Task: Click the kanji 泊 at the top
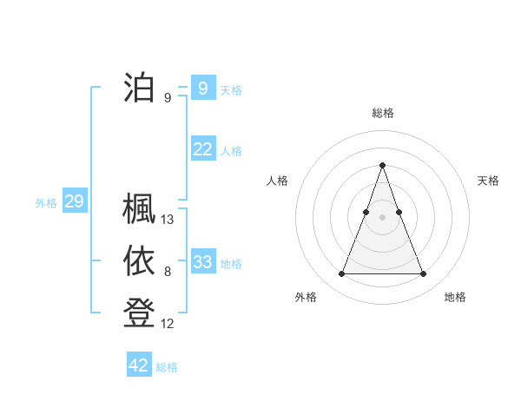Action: coord(139,88)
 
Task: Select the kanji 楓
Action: coord(139,209)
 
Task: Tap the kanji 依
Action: coord(139,261)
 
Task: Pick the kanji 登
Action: coord(139,313)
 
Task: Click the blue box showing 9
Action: coord(202,88)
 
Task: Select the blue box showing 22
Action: coord(202,149)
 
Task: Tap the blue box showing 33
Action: coord(202,261)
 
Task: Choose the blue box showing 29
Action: coord(74,202)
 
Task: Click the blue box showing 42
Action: coord(139,365)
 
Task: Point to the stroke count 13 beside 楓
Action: coord(168,220)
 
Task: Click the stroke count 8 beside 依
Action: coord(168,273)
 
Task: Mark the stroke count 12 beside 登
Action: coord(168,324)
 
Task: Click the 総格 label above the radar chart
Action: coord(382,113)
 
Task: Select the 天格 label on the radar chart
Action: coord(488,181)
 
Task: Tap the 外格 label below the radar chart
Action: coord(306,297)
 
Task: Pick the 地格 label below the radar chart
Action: coord(455,297)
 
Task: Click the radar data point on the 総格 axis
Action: coord(382,165)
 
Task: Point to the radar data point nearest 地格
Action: coord(423,274)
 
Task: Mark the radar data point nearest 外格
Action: coord(341,274)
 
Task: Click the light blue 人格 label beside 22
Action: coord(231,151)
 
